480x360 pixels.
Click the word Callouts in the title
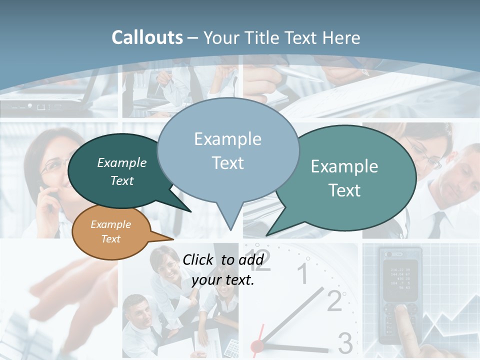(147, 37)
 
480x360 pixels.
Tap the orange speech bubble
(111, 232)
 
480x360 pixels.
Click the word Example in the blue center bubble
(227, 139)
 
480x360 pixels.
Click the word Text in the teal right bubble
(345, 190)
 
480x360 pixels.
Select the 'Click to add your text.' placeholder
(223, 269)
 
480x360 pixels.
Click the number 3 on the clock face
(345, 343)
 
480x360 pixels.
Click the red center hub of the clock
(257, 345)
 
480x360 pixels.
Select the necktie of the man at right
(436, 224)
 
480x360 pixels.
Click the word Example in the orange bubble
(110, 224)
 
